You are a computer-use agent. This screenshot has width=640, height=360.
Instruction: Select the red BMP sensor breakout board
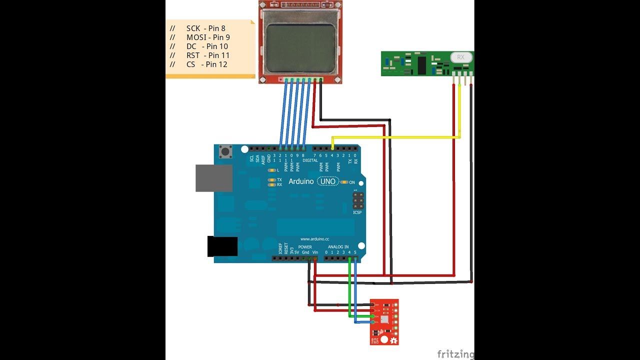click(384, 321)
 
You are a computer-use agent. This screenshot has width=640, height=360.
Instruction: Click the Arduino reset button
click(226, 151)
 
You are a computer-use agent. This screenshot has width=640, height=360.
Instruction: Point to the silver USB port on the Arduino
click(214, 178)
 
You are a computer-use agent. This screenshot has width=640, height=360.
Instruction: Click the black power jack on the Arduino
click(222, 246)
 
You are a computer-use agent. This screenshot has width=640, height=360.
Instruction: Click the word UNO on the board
click(328, 181)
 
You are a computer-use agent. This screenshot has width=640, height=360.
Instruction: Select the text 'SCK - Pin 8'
click(205, 28)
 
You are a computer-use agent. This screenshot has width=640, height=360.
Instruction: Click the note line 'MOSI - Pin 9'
click(207, 37)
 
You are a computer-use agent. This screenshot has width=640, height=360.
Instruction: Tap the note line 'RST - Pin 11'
click(207, 55)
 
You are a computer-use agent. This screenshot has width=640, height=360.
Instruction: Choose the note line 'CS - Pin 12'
click(206, 64)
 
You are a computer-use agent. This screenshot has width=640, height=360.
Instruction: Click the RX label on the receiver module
click(460, 57)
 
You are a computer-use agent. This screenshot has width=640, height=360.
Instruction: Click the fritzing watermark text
click(455, 354)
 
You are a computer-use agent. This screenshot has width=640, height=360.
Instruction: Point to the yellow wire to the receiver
click(395, 137)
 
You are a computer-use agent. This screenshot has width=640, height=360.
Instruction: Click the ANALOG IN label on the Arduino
click(338, 247)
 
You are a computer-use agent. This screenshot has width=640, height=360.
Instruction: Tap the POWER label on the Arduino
click(305, 247)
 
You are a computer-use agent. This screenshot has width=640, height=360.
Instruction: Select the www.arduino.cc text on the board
click(314, 239)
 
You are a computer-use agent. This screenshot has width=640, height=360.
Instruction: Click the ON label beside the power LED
click(352, 182)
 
